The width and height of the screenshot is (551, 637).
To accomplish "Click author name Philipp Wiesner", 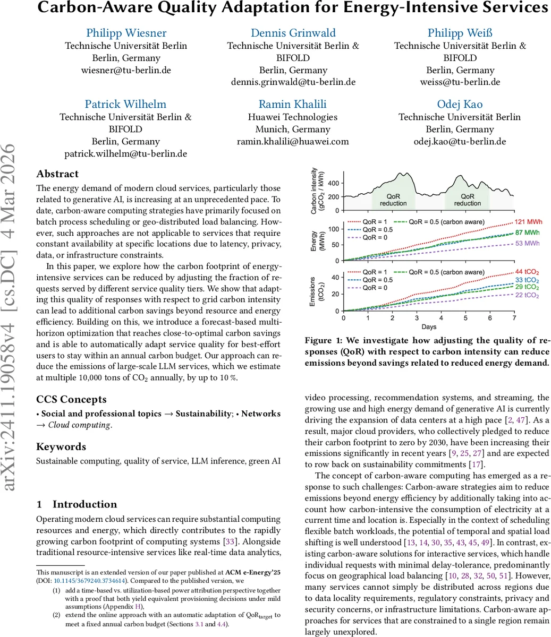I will [126, 33].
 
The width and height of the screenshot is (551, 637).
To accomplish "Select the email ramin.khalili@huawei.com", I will [293, 141].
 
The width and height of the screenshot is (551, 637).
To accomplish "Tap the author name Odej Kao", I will [460, 104].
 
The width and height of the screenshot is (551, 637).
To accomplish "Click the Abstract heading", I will [57, 174].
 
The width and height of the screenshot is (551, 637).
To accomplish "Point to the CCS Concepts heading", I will [71, 399].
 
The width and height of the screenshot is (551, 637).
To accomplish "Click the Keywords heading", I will [61, 446].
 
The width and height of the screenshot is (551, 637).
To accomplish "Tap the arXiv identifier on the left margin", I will [14, 318].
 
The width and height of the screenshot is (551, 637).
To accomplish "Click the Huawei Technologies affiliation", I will [293, 117].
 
